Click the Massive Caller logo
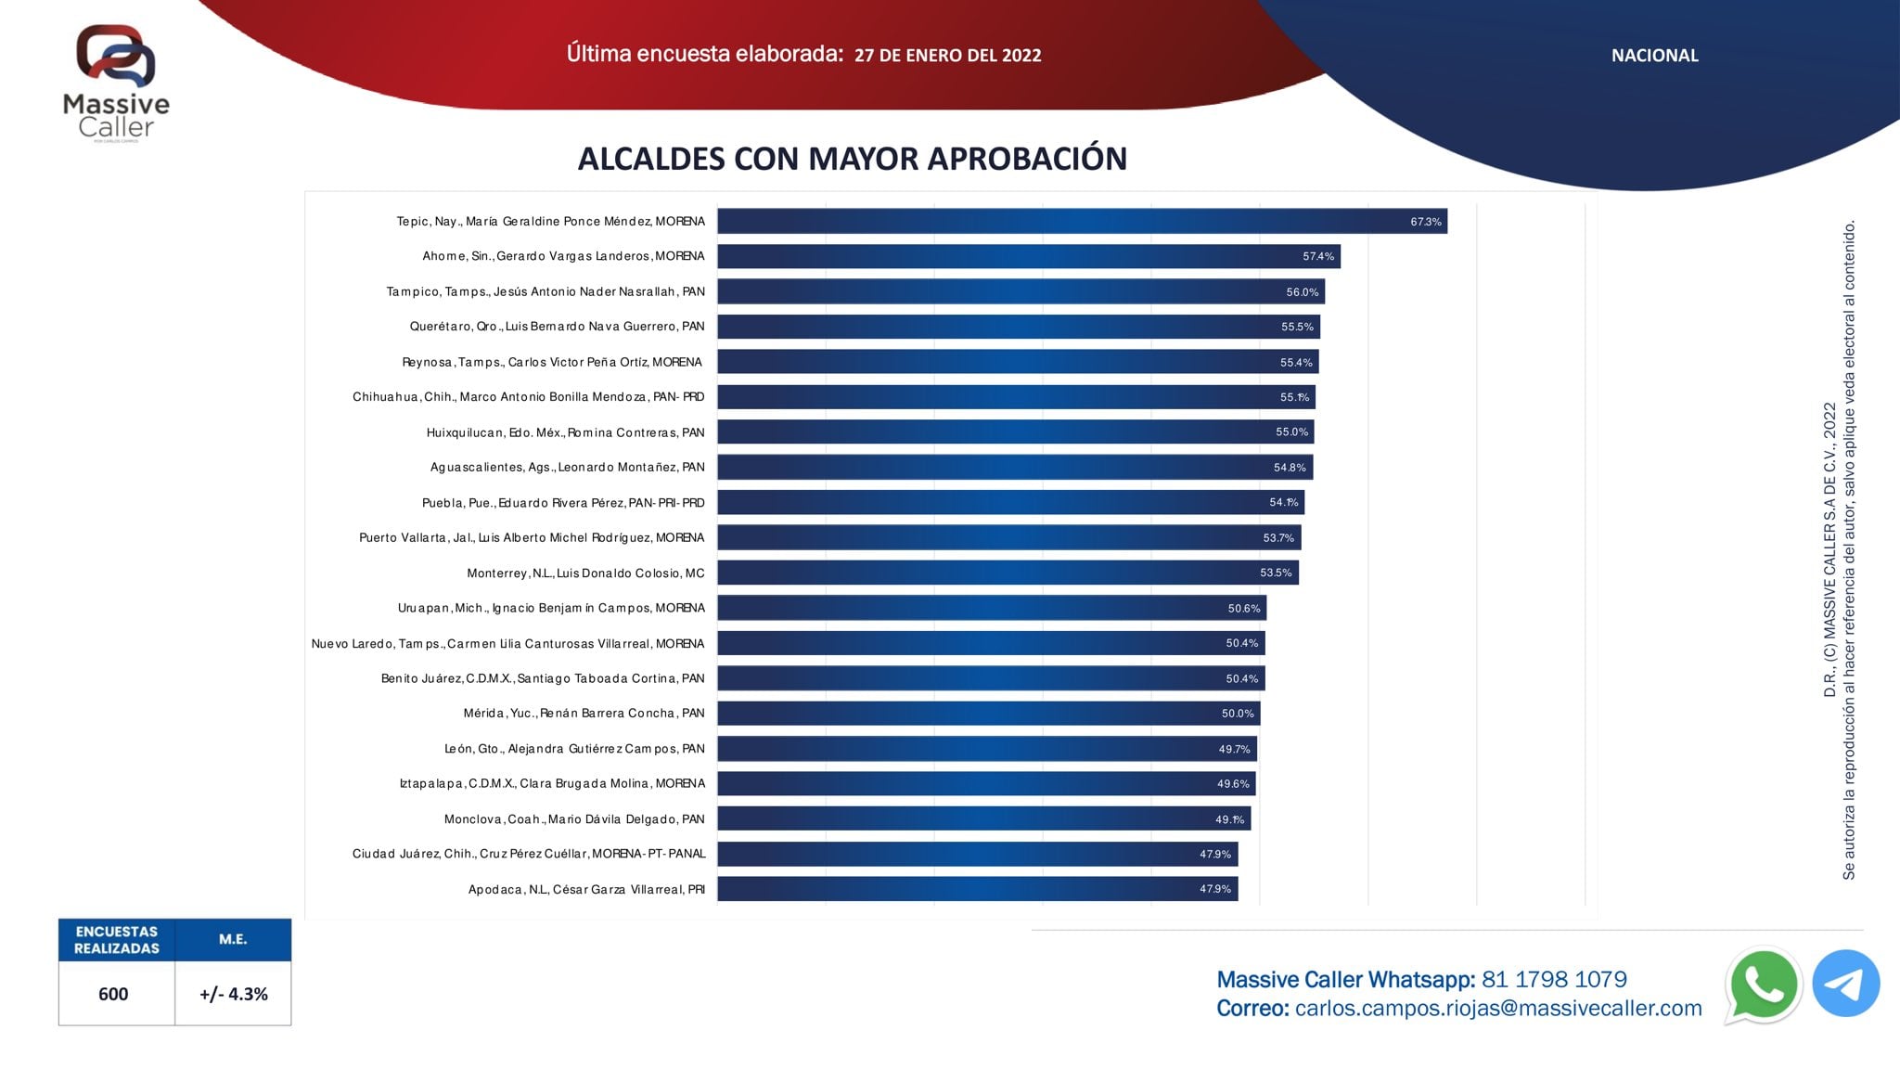coord(116,82)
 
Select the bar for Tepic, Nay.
coord(1082,221)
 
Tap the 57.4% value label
coord(1317,256)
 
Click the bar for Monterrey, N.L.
coord(1008,573)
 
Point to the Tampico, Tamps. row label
coord(546,291)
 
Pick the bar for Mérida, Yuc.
coord(988,714)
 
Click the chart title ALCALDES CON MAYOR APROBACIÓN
coord(852,159)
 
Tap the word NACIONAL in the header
coord(1654,56)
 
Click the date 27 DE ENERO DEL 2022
coord(947,56)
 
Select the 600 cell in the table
coord(114,994)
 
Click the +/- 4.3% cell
coord(233,994)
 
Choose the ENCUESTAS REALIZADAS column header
coord(116,940)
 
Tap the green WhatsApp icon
coord(1763,985)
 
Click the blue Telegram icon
coord(1845,984)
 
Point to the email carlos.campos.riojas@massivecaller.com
coord(1497,1009)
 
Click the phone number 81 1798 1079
coord(1554,980)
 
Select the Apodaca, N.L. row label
coord(586,889)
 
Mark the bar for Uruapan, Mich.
coord(992,608)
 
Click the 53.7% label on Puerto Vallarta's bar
coord(1277,538)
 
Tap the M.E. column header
coord(233,940)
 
